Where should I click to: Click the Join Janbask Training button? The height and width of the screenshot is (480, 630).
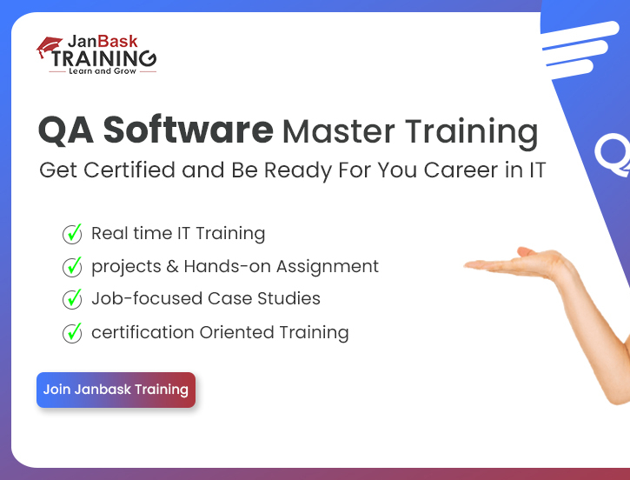tap(116, 390)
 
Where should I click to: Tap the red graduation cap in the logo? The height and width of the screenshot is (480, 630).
tap(49, 46)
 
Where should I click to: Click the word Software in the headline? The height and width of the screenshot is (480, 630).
tap(188, 130)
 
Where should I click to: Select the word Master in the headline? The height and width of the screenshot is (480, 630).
tap(338, 131)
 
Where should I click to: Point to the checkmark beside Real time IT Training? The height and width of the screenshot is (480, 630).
tap(72, 234)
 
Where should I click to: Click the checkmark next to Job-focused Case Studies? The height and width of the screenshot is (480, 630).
tap(72, 299)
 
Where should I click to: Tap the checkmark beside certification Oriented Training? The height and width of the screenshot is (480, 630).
tap(72, 333)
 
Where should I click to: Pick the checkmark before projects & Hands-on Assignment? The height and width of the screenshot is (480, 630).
tap(72, 267)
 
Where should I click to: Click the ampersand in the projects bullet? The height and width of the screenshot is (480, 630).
tap(172, 267)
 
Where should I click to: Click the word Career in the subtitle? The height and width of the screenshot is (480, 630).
tap(461, 170)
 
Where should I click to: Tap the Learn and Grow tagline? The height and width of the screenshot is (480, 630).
tap(103, 71)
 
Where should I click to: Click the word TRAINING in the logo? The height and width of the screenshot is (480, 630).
tap(103, 58)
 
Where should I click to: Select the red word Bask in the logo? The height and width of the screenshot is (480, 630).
tap(117, 42)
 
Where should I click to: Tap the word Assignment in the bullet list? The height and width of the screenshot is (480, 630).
tap(328, 267)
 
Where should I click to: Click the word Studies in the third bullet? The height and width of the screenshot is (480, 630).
tap(288, 298)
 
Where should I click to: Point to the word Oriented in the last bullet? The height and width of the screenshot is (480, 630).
tap(236, 332)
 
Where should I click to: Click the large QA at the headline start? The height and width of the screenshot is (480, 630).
tap(66, 130)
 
